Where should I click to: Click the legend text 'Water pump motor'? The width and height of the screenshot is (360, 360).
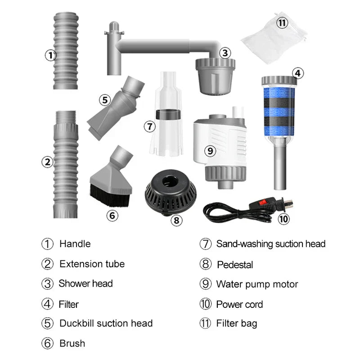click(x=257, y=284)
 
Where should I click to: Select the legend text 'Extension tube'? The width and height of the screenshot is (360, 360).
click(x=92, y=264)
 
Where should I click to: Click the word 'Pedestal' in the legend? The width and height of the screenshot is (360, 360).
click(x=235, y=265)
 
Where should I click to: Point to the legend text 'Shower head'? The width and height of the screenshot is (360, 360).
click(x=85, y=284)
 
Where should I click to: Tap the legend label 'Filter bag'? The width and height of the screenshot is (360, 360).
click(x=237, y=324)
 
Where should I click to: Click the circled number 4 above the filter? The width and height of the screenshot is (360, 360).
click(x=297, y=73)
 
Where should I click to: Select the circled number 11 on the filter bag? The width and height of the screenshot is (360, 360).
click(x=282, y=23)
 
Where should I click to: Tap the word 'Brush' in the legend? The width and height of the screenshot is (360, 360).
click(x=72, y=343)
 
